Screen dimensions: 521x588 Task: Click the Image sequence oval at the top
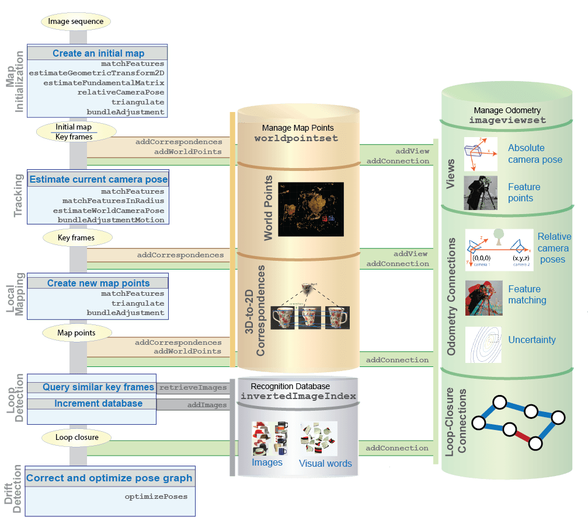pyautogui.click(x=75, y=22)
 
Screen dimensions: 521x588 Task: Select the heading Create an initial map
pyautogui.click(x=98, y=53)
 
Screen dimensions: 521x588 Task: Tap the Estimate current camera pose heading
pyautogui.click(x=98, y=179)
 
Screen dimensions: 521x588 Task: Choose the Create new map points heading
pyautogui.click(x=98, y=283)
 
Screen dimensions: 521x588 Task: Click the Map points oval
pyautogui.click(x=76, y=333)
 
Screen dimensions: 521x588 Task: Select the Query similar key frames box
pyautogui.click(x=98, y=387)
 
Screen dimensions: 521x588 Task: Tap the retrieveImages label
pyautogui.click(x=193, y=387)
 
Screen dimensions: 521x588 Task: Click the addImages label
pyautogui.click(x=207, y=404)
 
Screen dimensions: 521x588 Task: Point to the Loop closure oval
pyautogui.click(x=77, y=436)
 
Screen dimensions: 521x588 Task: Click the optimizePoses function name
pyautogui.click(x=156, y=496)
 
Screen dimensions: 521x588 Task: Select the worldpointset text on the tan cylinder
pyautogui.click(x=296, y=139)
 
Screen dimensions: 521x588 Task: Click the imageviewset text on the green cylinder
pyautogui.click(x=507, y=120)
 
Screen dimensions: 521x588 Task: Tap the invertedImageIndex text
pyautogui.click(x=298, y=396)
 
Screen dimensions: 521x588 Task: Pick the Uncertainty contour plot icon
pyautogui.click(x=483, y=344)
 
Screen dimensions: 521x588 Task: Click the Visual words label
pyautogui.click(x=325, y=463)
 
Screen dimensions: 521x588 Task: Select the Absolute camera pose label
pyautogui.click(x=535, y=153)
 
